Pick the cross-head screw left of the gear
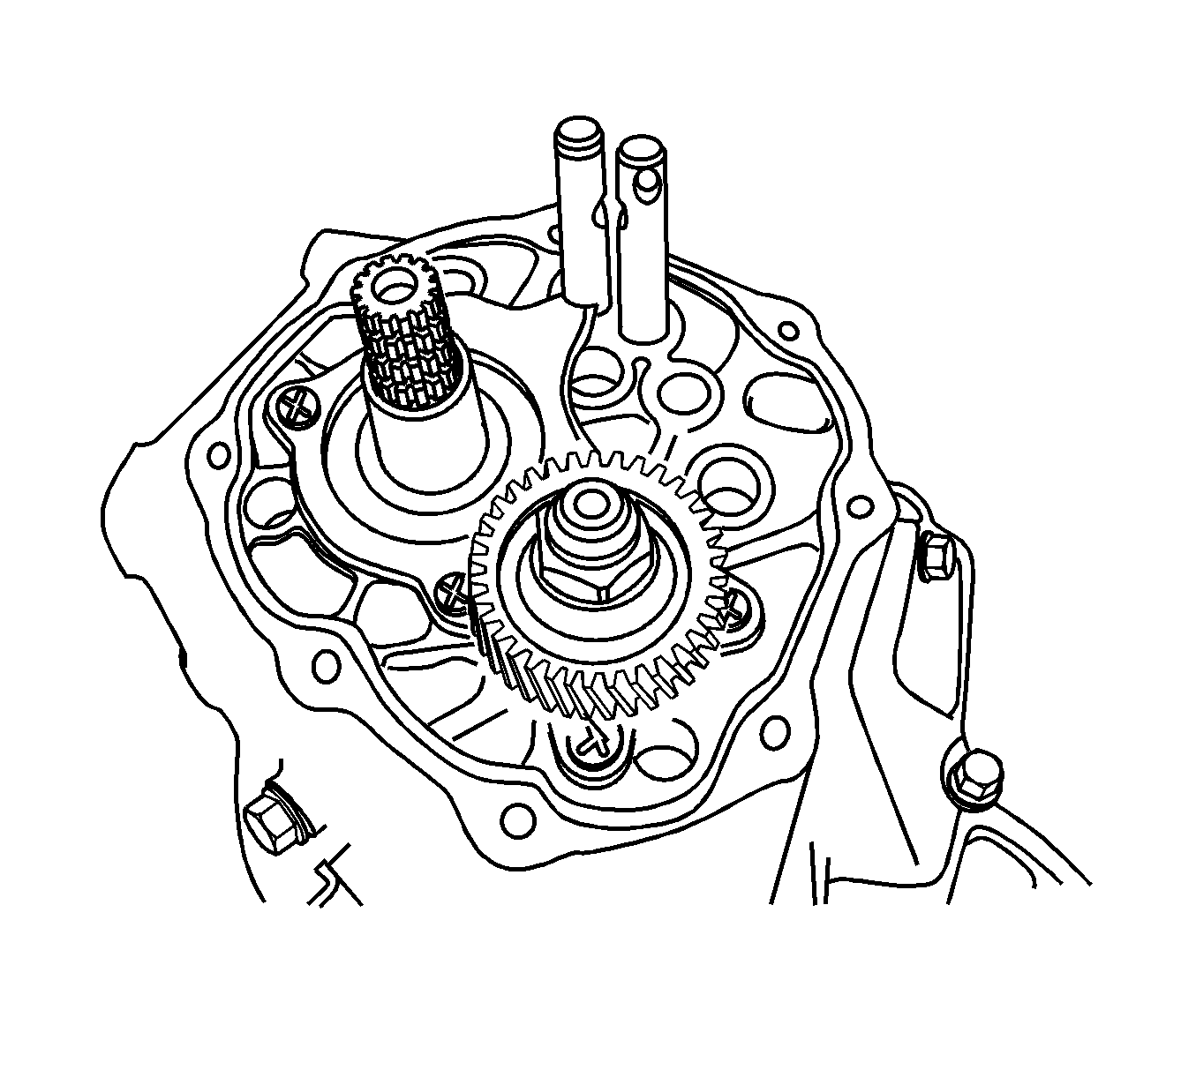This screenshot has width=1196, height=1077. pos(453,591)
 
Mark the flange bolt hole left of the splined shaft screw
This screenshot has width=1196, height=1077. pos(214,458)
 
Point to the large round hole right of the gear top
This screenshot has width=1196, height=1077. pos(729,482)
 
